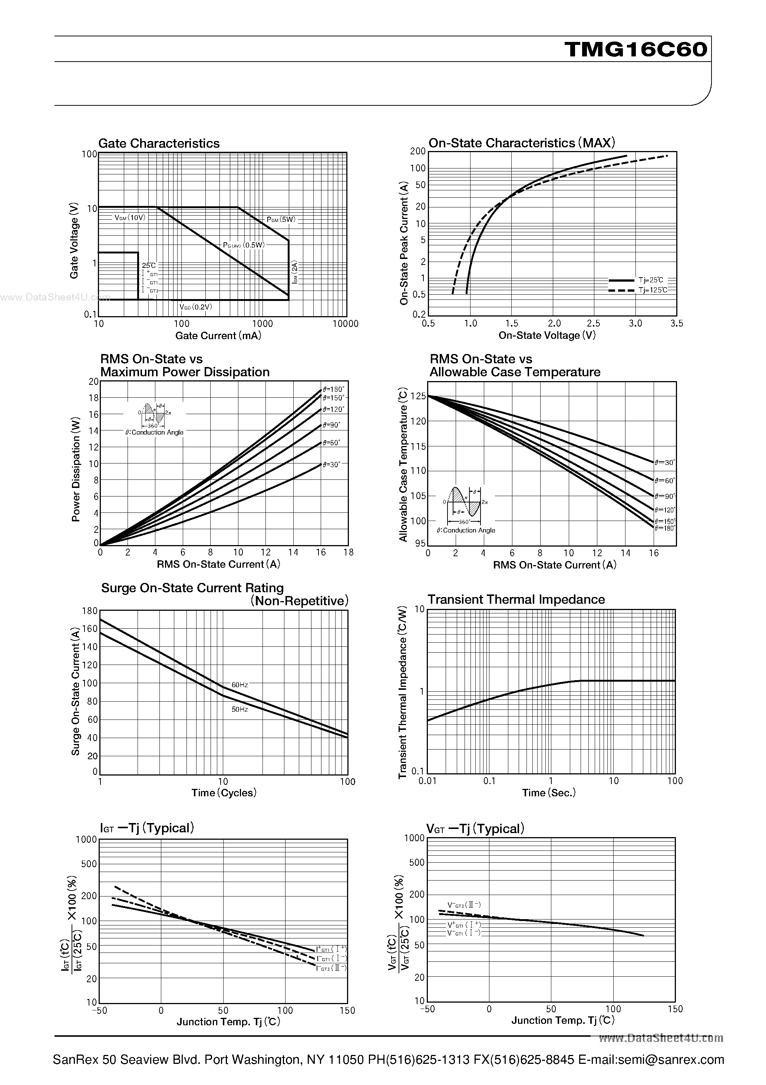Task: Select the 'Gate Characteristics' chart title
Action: pos(159,144)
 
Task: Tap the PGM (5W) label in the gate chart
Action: pos(281,219)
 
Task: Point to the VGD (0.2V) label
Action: pos(195,307)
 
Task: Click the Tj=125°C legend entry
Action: pos(653,290)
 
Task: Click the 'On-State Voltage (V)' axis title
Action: pos(547,335)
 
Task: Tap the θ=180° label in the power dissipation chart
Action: pos(333,389)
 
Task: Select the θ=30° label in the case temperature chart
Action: pos(664,462)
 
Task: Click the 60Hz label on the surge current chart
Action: pos(240,685)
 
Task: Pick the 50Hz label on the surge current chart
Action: pos(240,709)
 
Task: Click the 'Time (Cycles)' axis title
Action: pos(223,793)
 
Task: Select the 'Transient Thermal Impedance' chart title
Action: pos(516,600)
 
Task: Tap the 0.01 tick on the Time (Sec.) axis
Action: pos(427,781)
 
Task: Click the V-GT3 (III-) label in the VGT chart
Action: pos(464,905)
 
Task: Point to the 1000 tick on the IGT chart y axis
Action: pos(86,840)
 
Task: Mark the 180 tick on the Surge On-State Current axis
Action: pos(90,611)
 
